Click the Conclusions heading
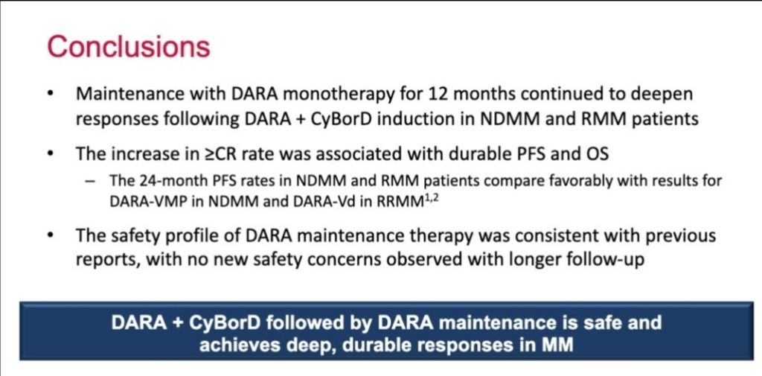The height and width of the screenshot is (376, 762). point(129,47)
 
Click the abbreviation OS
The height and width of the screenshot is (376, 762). point(595,154)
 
